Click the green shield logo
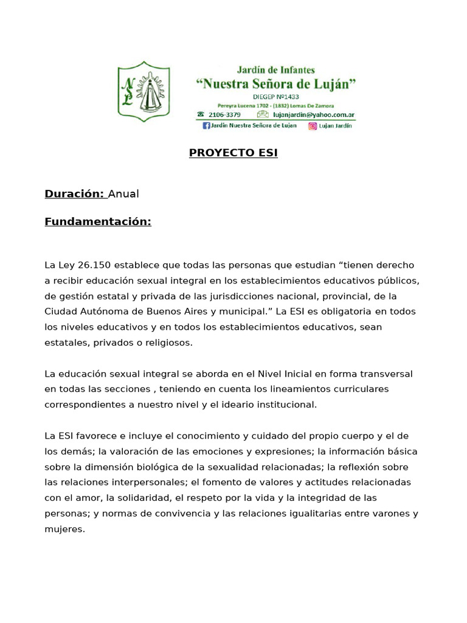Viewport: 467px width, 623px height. (x=143, y=91)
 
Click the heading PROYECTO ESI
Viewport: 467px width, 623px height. (x=233, y=153)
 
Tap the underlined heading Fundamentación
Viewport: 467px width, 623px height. (x=97, y=221)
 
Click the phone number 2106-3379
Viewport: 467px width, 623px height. (x=224, y=114)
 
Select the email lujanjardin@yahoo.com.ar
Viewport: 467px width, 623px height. (x=313, y=114)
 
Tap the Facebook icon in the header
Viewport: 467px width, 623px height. (x=206, y=126)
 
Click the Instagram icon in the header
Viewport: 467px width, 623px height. (x=313, y=126)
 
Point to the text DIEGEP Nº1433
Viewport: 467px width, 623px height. (x=275, y=97)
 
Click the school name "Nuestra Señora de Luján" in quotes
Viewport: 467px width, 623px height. (x=275, y=83)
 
